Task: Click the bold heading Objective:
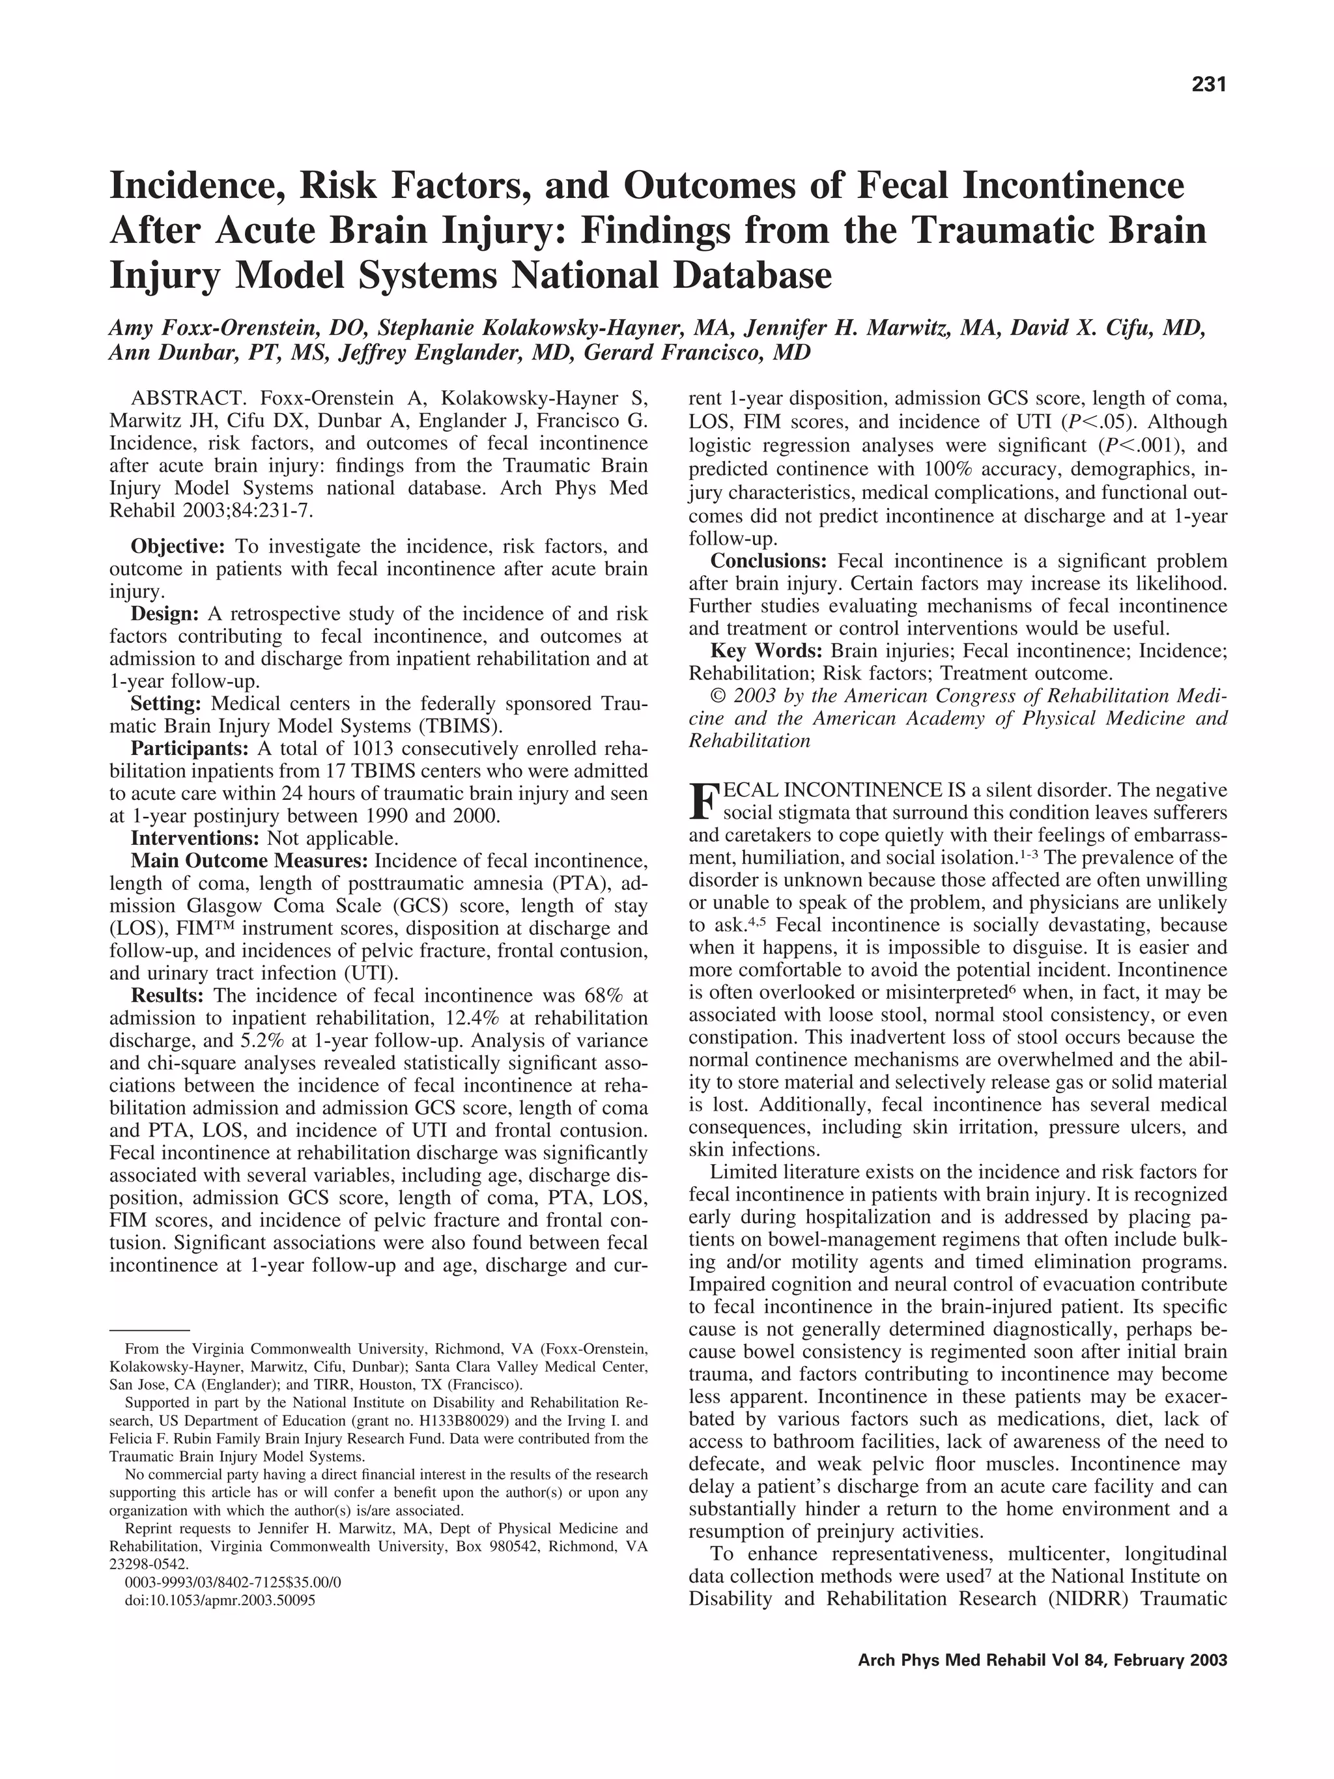178,547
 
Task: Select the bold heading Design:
165,614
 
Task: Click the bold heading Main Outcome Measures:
249,861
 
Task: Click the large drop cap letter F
703,801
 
